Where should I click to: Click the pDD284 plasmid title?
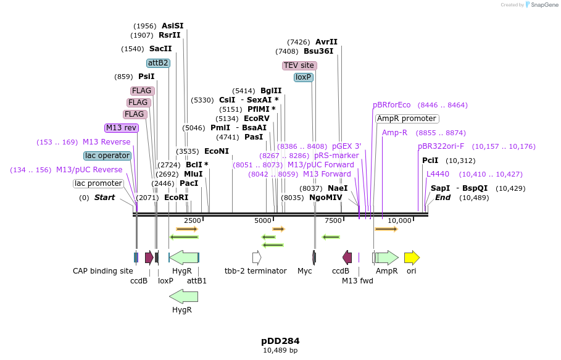click(x=280, y=341)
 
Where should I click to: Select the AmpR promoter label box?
click(x=407, y=119)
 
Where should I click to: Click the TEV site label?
click(x=299, y=65)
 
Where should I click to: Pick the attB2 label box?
click(x=158, y=63)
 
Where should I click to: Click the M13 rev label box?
click(x=122, y=128)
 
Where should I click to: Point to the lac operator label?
click(x=107, y=156)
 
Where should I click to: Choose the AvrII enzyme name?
click(x=326, y=42)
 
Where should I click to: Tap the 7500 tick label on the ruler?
click(x=333, y=220)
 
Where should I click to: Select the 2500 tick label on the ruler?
click(x=192, y=220)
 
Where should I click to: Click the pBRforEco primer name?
click(x=391, y=105)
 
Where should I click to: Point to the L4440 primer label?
click(x=438, y=174)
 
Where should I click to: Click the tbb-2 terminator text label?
click(x=256, y=271)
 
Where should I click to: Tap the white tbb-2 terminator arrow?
click(x=257, y=257)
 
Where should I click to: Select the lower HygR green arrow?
click(x=183, y=296)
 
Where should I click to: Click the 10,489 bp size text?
click(x=280, y=351)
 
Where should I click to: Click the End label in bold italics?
click(x=443, y=198)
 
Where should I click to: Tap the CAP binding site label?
click(x=102, y=271)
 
